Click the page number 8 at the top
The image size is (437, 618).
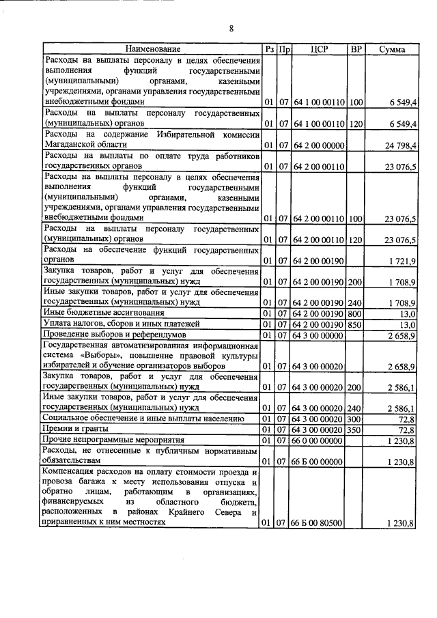click(231, 29)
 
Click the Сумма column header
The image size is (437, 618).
click(393, 50)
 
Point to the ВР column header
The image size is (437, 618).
click(356, 50)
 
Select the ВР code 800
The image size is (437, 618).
click(355, 313)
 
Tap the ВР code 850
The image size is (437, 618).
click(355, 324)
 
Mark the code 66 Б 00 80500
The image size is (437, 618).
click(319, 524)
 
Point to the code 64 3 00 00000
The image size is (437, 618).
click(319, 335)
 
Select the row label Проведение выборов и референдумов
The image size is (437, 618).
click(119, 335)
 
